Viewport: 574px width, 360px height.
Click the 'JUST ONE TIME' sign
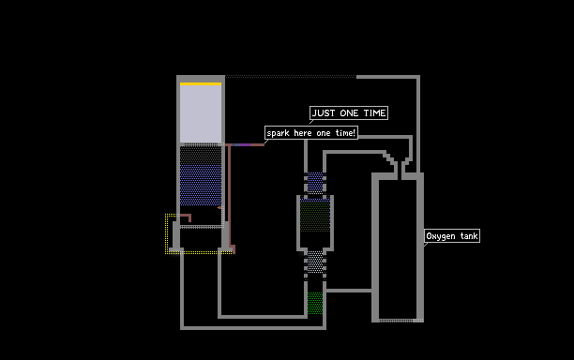tap(349, 113)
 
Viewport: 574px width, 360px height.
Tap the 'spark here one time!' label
tap(311, 133)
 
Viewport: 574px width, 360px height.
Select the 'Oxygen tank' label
tap(452, 236)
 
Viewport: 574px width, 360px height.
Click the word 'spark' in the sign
tap(278, 133)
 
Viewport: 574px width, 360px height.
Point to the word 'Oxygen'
tap(441, 236)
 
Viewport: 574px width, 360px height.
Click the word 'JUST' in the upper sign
tap(324, 113)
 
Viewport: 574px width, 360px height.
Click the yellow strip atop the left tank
tap(201, 84)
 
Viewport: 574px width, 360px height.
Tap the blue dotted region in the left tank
tap(201, 185)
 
